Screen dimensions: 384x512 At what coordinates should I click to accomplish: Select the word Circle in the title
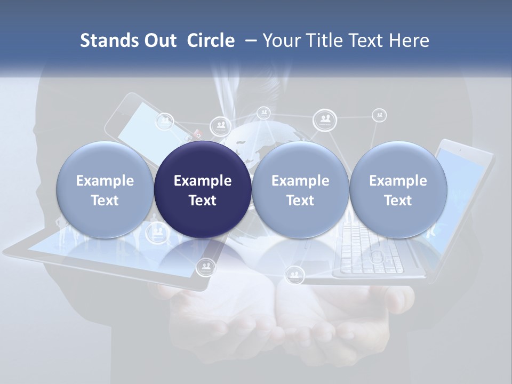tap(211, 41)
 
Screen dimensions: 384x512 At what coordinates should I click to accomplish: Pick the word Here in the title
tap(409, 41)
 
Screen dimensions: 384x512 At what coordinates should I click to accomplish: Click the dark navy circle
tap(203, 190)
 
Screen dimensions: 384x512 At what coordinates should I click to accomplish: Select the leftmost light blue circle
tap(105, 190)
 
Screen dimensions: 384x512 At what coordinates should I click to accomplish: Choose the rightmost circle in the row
tap(398, 190)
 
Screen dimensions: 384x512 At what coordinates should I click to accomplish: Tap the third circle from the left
tap(300, 190)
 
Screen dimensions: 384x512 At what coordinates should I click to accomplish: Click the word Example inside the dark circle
tap(203, 181)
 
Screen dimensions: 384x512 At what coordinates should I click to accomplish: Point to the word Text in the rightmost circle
tap(398, 201)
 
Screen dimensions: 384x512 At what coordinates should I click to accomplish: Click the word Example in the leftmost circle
tap(105, 181)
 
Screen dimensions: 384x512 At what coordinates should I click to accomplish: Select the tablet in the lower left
tap(107, 261)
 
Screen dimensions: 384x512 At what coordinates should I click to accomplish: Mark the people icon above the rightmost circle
tap(379, 114)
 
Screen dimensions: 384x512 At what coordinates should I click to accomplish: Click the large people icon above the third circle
tap(324, 119)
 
